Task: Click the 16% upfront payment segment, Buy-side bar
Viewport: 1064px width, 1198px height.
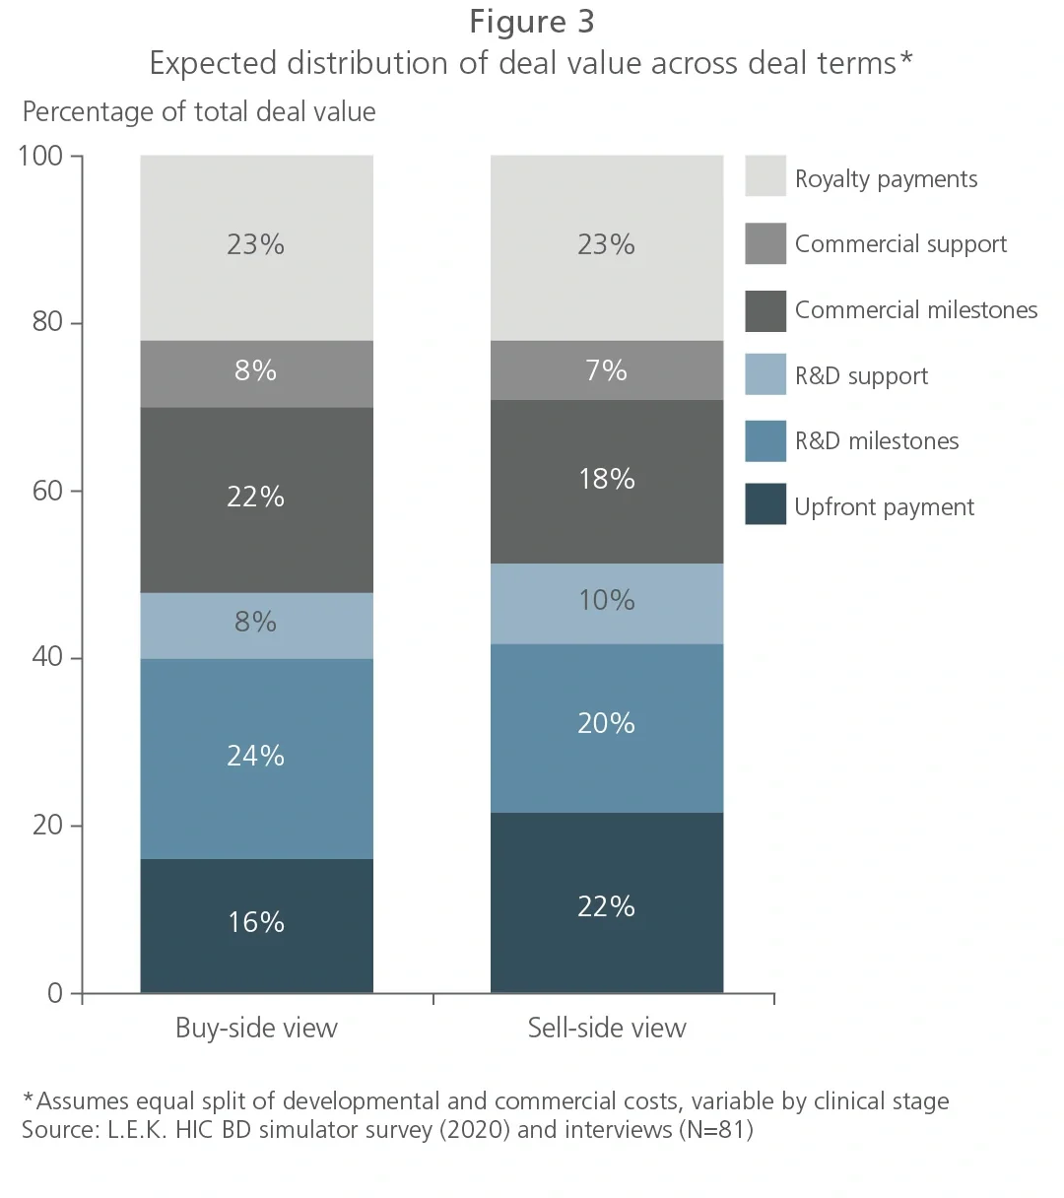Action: tap(256, 924)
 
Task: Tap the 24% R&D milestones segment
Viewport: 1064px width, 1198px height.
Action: tap(256, 758)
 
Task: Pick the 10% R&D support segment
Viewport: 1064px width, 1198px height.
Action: tap(607, 602)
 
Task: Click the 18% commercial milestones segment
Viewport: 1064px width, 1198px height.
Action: tap(607, 481)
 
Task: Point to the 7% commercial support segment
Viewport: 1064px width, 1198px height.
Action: tap(607, 370)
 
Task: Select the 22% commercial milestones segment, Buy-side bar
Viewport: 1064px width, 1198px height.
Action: tap(256, 499)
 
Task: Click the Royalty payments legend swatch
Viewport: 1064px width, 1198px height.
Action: tap(765, 176)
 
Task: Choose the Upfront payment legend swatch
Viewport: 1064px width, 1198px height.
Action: tap(765, 504)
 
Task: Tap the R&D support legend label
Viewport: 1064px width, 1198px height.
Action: tap(861, 376)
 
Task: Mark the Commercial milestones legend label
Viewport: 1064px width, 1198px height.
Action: tap(915, 310)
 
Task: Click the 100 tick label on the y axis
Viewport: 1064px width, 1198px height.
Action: tap(40, 156)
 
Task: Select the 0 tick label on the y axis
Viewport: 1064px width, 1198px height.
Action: tap(55, 993)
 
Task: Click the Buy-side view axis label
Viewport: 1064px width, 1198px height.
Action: tap(256, 1029)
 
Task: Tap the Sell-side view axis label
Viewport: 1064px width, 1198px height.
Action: tap(607, 1029)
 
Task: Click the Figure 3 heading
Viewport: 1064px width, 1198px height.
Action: tap(531, 22)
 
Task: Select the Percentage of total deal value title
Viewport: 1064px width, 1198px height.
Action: tap(199, 112)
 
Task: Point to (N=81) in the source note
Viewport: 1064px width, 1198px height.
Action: tap(715, 1129)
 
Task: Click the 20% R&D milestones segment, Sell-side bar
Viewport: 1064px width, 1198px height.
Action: tap(607, 726)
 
